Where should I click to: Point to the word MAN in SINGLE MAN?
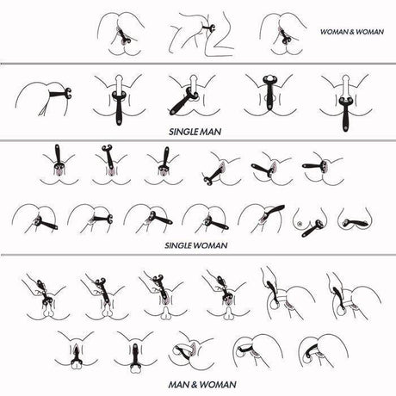pyautogui.click(x=211, y=132)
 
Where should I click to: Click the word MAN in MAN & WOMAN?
pyautogui.click(x=178, y=384)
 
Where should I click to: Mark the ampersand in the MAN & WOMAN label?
pyautogui.click(x=195, y=384)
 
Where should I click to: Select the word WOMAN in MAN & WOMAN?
pyautogui.click(x=219, y=384)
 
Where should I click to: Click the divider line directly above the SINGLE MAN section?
pyautogui.click(x=198, y=64)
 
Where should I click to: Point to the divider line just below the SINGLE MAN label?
pyautogui.click(x=198, y=140)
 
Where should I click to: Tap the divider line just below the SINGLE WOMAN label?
pyautogui.click(x=198, y=255)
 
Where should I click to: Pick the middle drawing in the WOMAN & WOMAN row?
pyautogui.click(x=201, y=34)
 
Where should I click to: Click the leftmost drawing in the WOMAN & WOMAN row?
pyautogui.click(x=121, y=34)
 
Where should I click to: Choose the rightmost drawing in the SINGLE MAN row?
pyautogui.click(x=346, y=102)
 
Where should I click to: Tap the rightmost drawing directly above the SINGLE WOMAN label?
pyautogui.click(x=356, y=220)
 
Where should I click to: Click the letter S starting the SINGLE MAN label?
pyautogui.click(x=171, y=132)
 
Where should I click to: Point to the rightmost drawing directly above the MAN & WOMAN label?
pyautogui.click(x=324, y=350)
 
